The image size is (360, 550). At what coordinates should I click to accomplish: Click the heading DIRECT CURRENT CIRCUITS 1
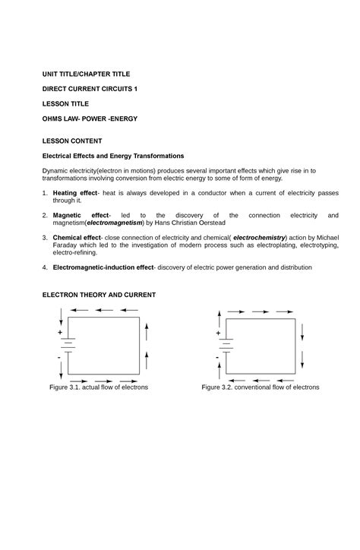[x=90, y=89]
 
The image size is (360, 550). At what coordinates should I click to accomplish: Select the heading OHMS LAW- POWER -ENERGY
[x=90, y=119]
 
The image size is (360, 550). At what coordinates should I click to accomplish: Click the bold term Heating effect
[x=75, y=194]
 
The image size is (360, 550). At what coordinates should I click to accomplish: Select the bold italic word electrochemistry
[x=265, y=238]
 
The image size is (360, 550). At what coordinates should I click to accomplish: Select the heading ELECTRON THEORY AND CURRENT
[x=99, y=294]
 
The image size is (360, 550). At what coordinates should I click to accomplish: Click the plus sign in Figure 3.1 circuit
[x=59, y=333]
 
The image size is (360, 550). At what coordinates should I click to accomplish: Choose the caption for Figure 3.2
[x=260, y=387]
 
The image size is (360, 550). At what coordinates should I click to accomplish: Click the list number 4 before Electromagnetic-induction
[x=45, y=267]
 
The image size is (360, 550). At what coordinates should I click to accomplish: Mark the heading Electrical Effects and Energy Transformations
[x=112, y=156]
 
